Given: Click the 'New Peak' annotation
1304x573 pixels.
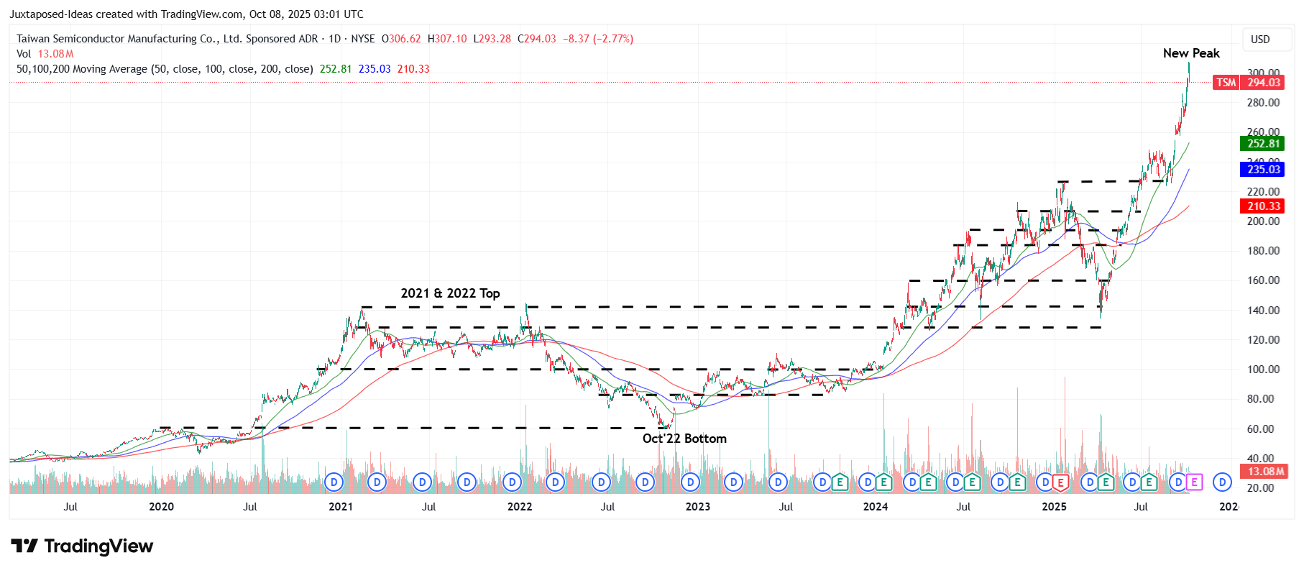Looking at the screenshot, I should [x=1190, y=53].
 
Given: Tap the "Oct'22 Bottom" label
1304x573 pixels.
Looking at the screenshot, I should [x=684, y=439].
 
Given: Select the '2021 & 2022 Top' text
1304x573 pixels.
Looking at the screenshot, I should [x=450, y=293].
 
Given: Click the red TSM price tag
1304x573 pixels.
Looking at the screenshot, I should [x=1226, y=83].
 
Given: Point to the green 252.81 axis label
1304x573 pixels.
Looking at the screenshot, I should [x=1263, y=144].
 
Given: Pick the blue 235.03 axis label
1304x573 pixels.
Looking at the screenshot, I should [x=1263, y=170].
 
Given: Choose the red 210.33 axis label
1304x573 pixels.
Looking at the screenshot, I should [x=1263, y=206].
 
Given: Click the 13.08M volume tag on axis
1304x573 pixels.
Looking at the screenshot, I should [x=1264, y=472].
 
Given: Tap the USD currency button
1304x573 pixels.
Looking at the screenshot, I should [x=1260, y=40].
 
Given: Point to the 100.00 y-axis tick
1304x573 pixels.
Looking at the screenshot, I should [x=1263, y=370].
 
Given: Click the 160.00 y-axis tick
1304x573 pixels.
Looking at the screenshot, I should [x=1263, y=280].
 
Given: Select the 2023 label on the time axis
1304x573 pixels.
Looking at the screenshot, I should [x=697, y=507].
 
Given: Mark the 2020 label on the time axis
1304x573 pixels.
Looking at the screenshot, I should [x=161, y=507].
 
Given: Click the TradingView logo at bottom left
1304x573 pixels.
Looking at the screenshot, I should [x=82, y=546].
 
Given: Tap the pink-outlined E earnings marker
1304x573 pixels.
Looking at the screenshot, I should [x=1194, y=482].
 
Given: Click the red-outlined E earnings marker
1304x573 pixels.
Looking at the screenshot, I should [x=1060, y=482].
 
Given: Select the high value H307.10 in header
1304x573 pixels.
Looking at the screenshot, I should [x=446, y=39].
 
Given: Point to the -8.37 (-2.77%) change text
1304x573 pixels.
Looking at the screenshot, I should [x=597, y=39].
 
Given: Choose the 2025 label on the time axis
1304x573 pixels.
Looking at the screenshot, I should [x=1054, y=507].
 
